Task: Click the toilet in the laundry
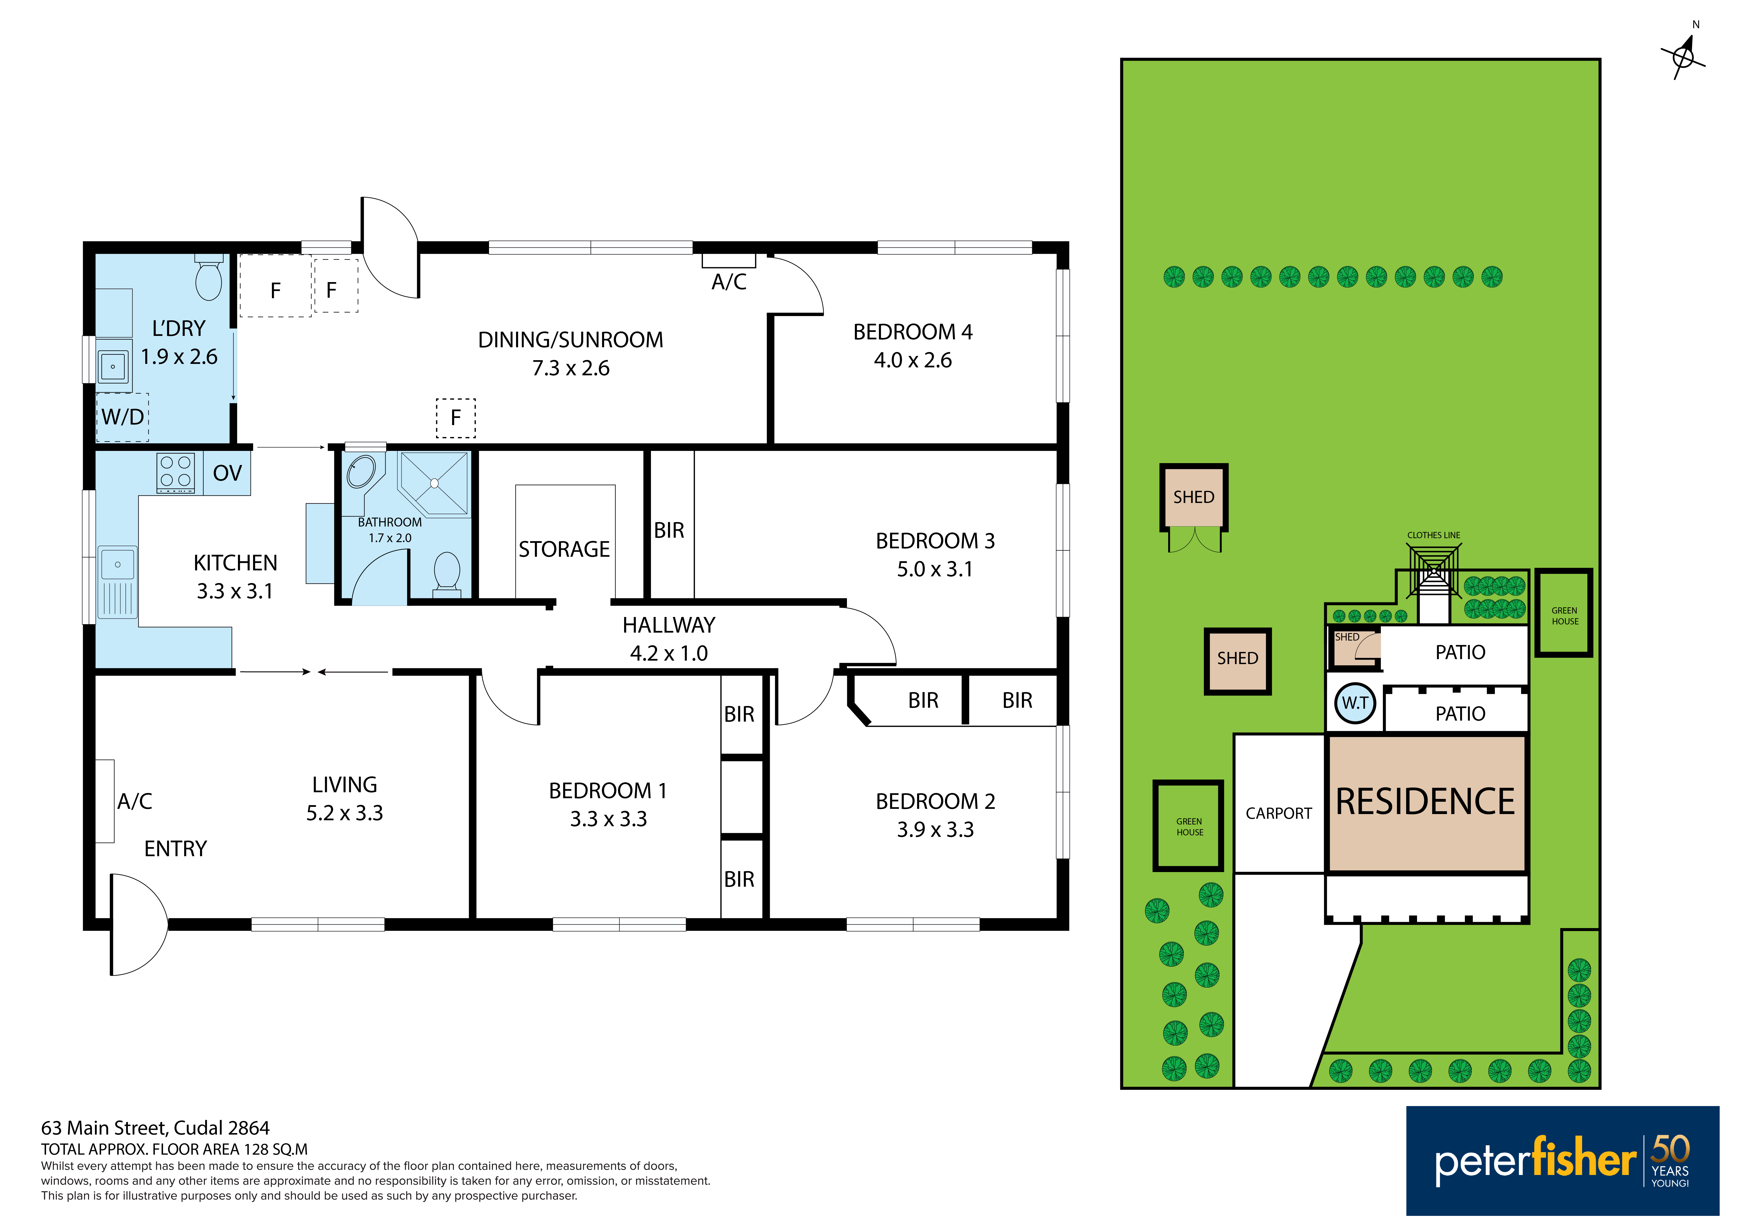coord(209,277)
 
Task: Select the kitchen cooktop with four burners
coord(176,473)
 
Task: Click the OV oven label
coord(227,473)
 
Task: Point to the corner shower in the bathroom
coord(434,483)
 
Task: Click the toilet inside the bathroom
coord(447,573)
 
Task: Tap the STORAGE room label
coord(564,549)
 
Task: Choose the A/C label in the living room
coord(135,801)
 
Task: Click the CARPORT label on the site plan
coord(1278,814)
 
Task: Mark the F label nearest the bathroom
coord(455,417)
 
